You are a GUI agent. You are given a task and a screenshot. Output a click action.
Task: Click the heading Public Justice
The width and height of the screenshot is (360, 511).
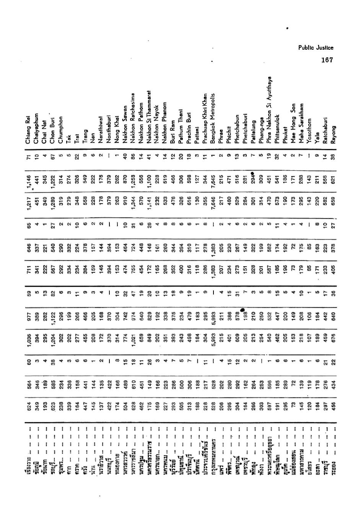316,48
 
